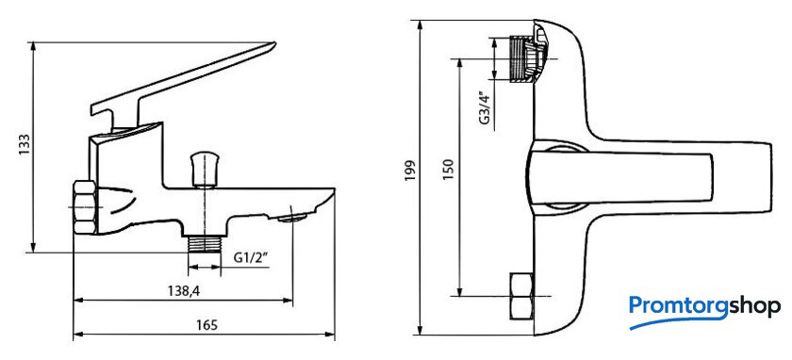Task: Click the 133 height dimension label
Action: point(25,146)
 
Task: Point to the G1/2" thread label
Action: point(251,257)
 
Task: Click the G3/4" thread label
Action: point(486,110)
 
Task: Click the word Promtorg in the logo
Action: point(678,306)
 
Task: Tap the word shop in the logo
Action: point(754,307)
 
